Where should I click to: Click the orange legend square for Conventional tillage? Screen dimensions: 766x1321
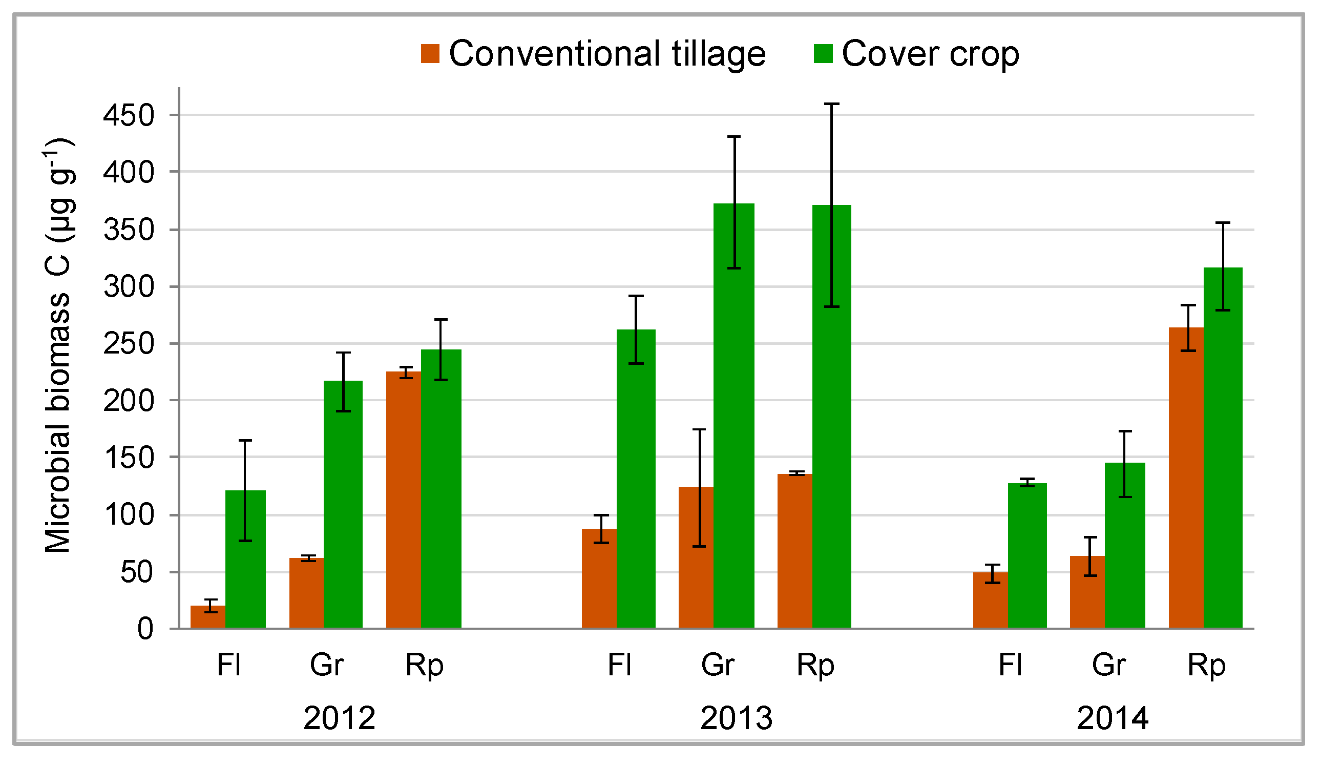click(430, 53)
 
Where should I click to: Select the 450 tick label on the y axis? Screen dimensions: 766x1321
click(129, 115)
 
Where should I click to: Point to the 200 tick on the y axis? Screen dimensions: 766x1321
click(129, 401)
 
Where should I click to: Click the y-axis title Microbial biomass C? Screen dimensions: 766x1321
click(59, 346)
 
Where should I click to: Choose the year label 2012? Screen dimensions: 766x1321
click(339, 718)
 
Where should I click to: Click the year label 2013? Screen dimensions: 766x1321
click(737, 718)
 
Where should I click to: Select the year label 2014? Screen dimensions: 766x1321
click(1113, 718)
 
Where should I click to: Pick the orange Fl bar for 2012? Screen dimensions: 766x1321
click(207, 617)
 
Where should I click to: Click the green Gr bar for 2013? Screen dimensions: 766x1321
click(734, 420)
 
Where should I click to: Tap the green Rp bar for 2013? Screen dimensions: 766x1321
click(832, 420)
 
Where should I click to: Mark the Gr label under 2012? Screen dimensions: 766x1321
click(327, 666)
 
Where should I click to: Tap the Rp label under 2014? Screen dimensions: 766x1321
click(1206, 666)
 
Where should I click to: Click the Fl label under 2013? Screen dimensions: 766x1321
click(620, 666)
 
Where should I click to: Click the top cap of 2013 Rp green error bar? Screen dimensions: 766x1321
click(832, 105)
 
